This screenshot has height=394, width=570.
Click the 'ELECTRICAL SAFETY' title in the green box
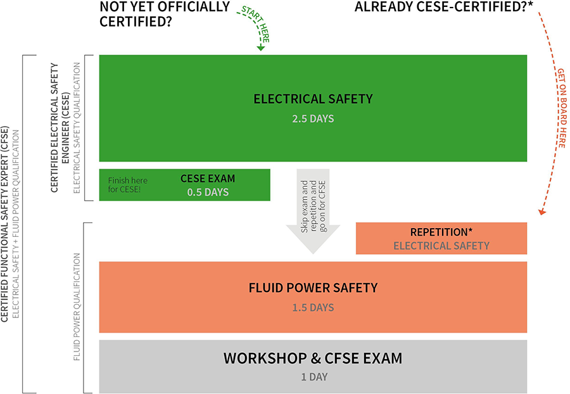[x=313, y=99]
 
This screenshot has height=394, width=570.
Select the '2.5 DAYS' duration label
[x=313, y=118]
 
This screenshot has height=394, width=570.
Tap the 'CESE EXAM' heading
[x=208, y=179]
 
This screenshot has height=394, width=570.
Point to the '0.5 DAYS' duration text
[x=208, y=192]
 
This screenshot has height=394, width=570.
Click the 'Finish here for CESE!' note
[x=127, y=184]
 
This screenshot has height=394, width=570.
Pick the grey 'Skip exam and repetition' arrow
[x=313, y=211]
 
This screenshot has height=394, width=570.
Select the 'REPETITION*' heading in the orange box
[x=441, y=232]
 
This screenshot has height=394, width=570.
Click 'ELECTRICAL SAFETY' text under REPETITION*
[x=441, y=246]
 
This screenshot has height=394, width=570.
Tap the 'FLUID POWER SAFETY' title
[x=313, y=288]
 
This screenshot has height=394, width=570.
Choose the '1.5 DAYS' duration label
[x=313, y=307]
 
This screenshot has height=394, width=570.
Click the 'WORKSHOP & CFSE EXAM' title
[x=313, y=359]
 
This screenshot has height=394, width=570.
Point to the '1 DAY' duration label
[x=314, y=377]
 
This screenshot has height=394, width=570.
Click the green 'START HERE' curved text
[x=256, y=23]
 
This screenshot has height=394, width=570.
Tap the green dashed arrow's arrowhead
[x=260, y=48]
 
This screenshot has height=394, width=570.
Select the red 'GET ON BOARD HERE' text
[x=561, y=108]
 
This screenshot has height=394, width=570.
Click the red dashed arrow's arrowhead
[x=541, y=212]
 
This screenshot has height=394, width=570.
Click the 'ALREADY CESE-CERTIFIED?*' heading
[x=443, y=7]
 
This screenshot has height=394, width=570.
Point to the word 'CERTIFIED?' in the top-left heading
[x=136, y=22]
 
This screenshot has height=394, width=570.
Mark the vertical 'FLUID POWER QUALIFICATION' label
[x=77, y=307]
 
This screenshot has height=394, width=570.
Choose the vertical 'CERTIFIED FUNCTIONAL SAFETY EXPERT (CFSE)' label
[x=4, y=224]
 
